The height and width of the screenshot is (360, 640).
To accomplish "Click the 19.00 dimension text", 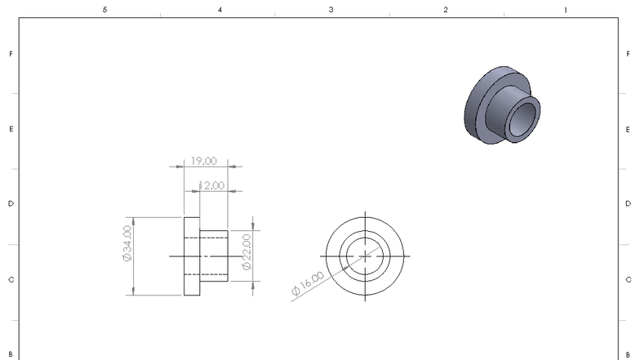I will (204, 161).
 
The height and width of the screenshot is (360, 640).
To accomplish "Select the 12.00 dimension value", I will (211, 185).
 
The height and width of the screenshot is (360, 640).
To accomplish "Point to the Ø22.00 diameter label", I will (246, 252).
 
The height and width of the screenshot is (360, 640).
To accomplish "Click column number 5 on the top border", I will (104, 10).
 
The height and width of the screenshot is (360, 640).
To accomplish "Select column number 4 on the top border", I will (219, 10).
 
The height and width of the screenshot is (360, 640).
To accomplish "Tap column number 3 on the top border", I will (331, 10).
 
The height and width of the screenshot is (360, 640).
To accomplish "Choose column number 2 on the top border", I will (446, 10).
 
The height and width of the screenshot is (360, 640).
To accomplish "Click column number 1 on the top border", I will (566, 10).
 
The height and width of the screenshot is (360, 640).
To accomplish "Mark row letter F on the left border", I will (11, 54).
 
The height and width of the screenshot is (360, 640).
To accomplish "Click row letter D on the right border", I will (628, 203).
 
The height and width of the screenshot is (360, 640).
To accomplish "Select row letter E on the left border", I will (11, 129).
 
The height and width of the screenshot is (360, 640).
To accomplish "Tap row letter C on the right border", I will (628, 279).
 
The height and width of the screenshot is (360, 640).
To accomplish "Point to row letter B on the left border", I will (11, 353).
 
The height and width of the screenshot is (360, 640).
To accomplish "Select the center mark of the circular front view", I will (365, 255).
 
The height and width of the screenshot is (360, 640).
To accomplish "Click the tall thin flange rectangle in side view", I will (192, 256).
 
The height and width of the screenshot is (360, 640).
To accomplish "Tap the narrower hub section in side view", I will (214, 256).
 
